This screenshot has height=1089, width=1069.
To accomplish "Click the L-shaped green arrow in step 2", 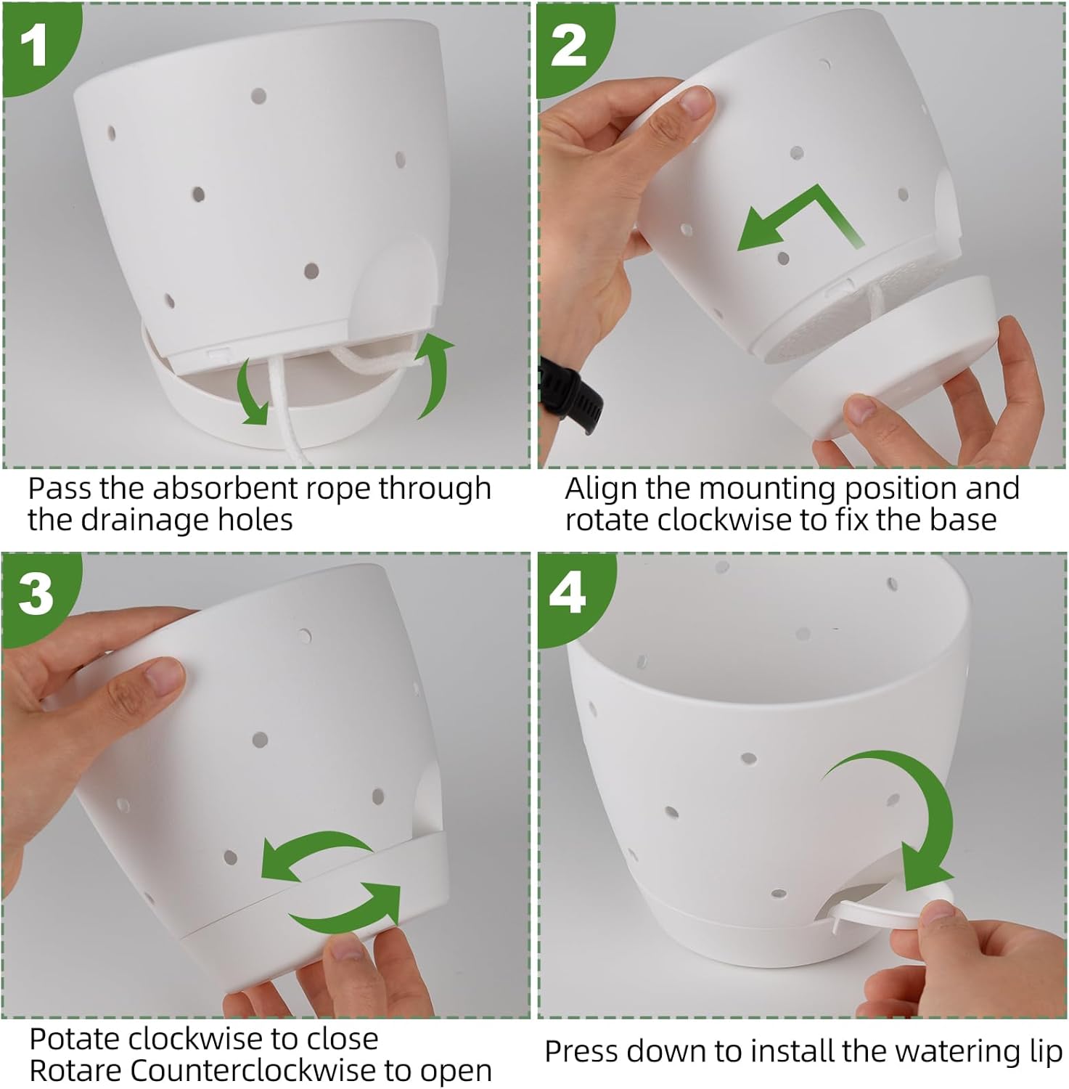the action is point(798,218).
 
